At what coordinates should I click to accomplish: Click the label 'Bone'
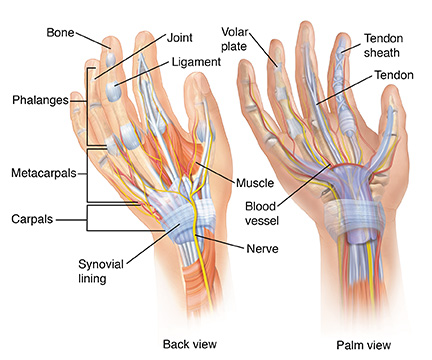pos(62,33)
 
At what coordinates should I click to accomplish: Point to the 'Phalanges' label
pos(39,100)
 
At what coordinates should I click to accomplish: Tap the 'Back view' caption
pos(191,343)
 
